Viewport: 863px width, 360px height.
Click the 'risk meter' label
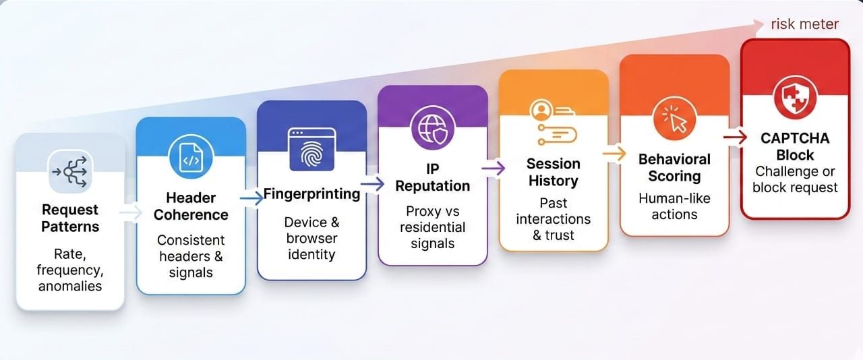click(804, 24)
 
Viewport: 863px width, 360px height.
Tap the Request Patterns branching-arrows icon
click(70, 171)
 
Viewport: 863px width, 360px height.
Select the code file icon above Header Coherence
click(191, 156)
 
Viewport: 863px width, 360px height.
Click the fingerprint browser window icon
click(311, 149)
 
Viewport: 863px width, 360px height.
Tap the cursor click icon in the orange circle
click(674, 119)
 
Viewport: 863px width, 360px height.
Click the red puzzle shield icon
click(795, 98)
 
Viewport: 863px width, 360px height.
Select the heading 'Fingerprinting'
click(311, 193)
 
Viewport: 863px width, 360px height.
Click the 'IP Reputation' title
click(433, 177)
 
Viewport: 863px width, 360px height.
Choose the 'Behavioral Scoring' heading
click(674, 168)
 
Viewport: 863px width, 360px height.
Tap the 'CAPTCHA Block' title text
click(795, 146)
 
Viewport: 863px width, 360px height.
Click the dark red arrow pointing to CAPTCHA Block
click(735, 138)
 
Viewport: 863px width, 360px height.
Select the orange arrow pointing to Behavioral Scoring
click(614, 154)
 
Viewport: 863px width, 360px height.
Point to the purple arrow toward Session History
click(493, 168)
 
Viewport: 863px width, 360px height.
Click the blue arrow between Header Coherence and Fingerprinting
click(251, 198)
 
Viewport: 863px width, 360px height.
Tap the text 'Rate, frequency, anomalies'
click(70, 270)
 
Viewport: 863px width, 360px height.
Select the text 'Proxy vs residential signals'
click(433, 227)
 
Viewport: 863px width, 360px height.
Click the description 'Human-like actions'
click(674, 206)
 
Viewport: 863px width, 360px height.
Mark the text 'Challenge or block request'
click(795, 179)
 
